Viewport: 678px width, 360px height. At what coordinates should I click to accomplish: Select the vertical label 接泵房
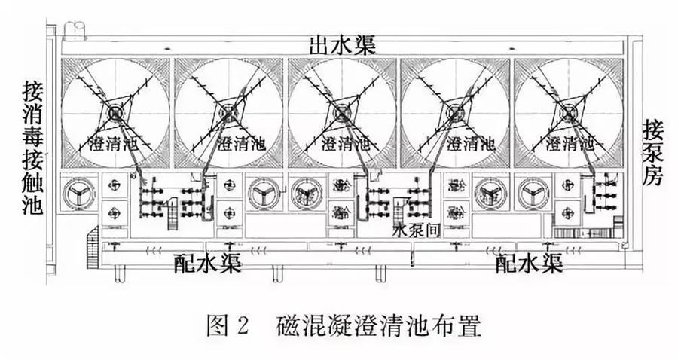[652, 151]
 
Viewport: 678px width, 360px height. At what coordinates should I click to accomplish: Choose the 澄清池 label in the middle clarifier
[341, 142]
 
